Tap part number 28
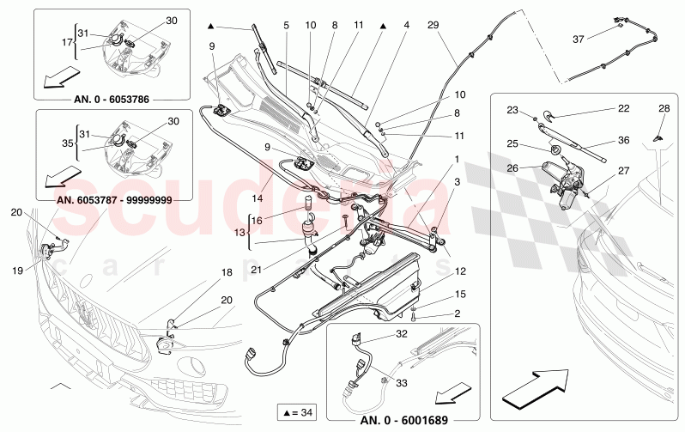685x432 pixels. tap(663, 108)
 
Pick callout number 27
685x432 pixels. tap(624, 171)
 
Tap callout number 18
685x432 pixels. tap(227, 272)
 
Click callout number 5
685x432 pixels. tap(288, 25)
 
